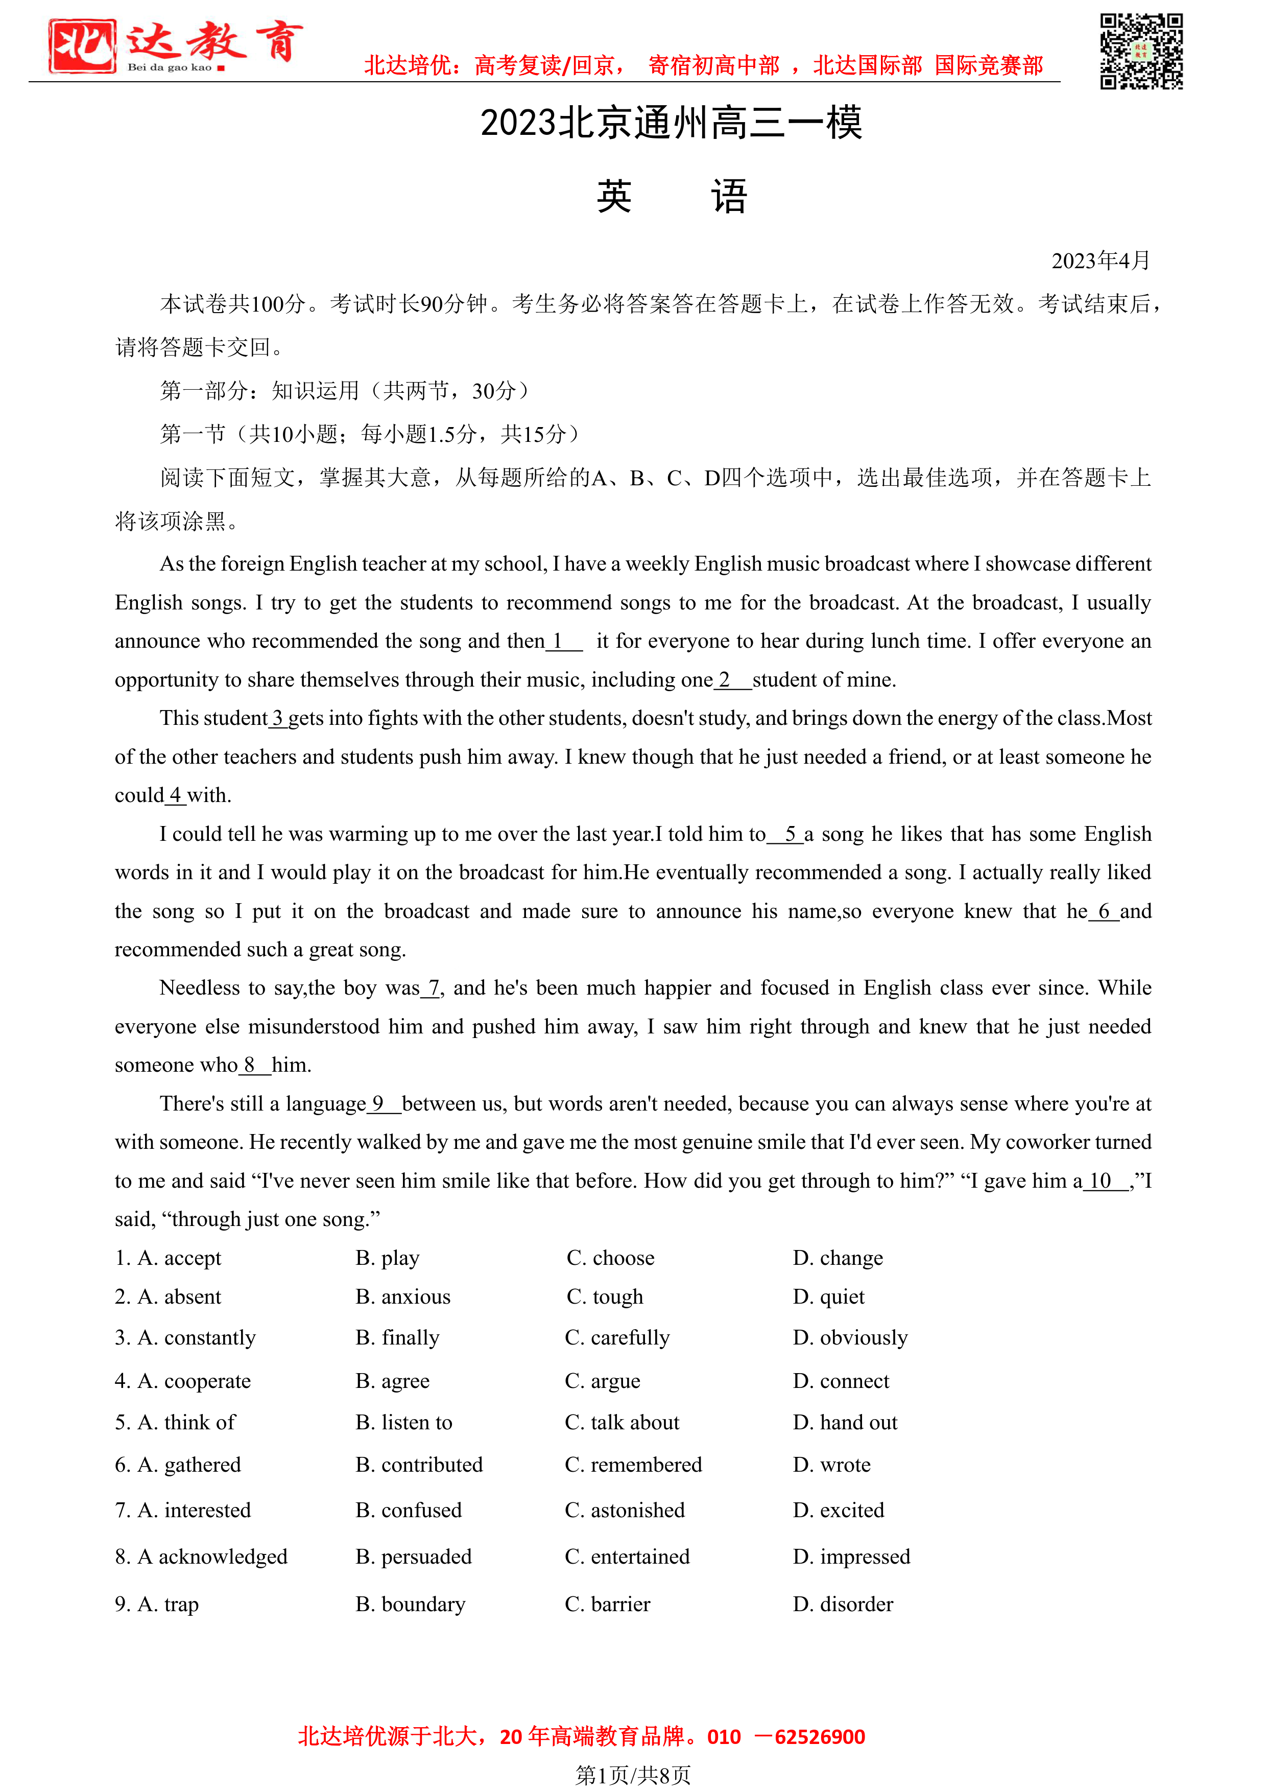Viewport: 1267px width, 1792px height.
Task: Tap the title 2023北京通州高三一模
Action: click(x=671, y=123)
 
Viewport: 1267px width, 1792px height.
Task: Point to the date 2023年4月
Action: click(x=1100, y=261)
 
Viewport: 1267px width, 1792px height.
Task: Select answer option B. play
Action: click(x=388, y=1258)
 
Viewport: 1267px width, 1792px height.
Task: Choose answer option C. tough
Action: click(x=605, y=1297)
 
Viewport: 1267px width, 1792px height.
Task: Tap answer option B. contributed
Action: click(x=419, y=1465)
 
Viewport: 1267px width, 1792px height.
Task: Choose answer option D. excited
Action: click(x=839, y=1510)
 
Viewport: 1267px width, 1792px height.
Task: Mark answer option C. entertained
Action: click(x=627, y=1557)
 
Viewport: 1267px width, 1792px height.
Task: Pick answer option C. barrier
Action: click(x=607, y=1605)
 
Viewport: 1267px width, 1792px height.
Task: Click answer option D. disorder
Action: click(x=843, y=1605)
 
